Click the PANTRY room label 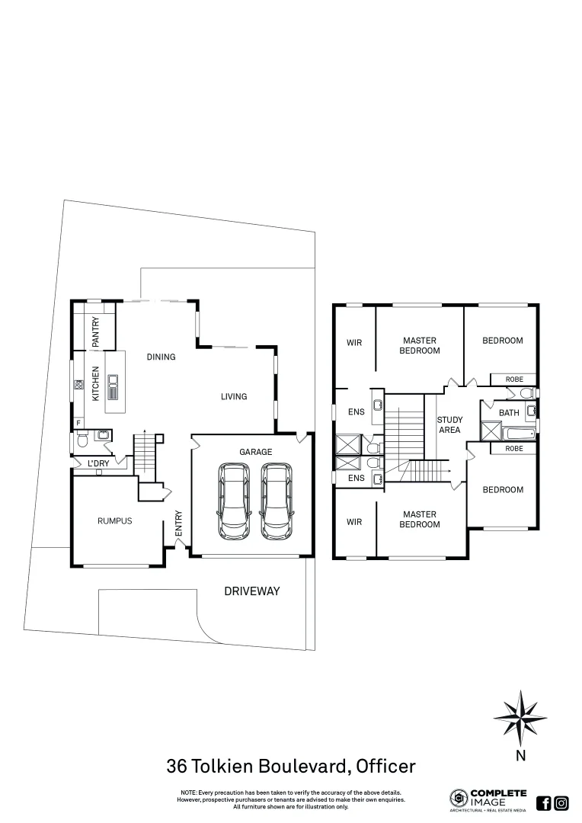(96, 333)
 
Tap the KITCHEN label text (96, 383)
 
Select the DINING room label (161, 357)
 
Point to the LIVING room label (234, 396)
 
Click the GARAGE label (255, 452)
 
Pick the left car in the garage (234, 501)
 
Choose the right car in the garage (276, 501)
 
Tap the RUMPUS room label (114, 521)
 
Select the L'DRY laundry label (98, 463)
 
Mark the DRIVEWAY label (252, 591)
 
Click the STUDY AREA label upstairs (449, 425)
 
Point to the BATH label (509, 413)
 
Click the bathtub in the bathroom (519, 434)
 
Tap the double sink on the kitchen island (114, 387)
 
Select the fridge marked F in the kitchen (78, 422)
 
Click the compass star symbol (520, 718)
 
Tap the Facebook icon (544, 802)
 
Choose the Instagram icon (561, 802)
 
